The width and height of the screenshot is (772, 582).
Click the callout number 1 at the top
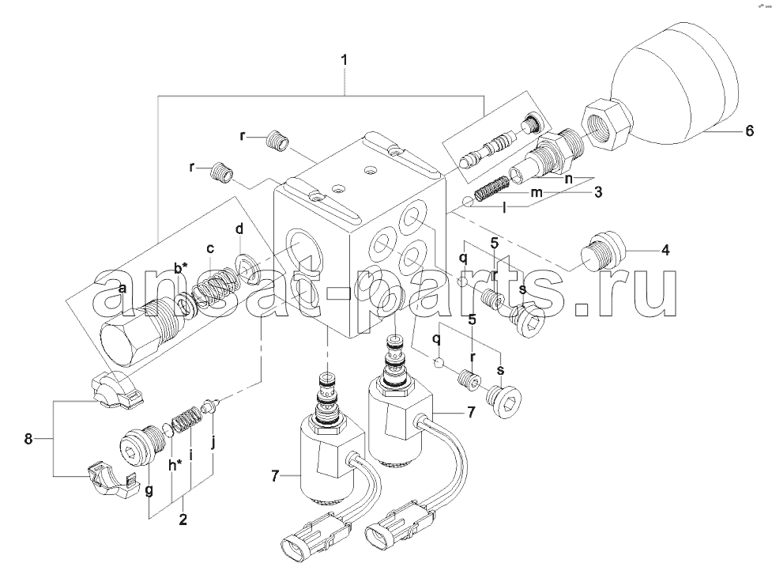pyautogui.click(x=345, y=61)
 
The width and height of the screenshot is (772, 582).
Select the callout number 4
pyautogui.click(x=665, y=250)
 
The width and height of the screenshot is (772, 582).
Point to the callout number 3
pyautogui.click(x=597, y=191)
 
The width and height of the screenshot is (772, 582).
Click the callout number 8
pyautogui.click(x=28, y=438)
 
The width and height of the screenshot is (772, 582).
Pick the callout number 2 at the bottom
pyautogui.click(x=183, y=520)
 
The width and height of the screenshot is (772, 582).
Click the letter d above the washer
pyautogui.click(x=239, y=229)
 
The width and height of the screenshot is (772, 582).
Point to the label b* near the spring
pyautogui.click(x=181, y=267)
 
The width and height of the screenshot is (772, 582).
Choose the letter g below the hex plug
pyautogui.click(x=149, y=490)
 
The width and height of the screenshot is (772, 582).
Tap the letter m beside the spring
pyautogui.click(x=536, y=193)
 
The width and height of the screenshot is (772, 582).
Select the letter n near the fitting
pyautogui.click(x=569, y=179)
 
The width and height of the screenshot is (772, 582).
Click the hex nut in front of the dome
pyautogui.click(x=606, y=124)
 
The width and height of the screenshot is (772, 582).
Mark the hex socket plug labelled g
pyautogui.click(x=141, y=445)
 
